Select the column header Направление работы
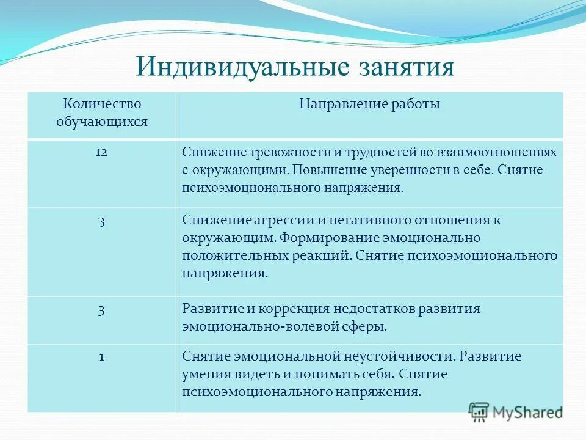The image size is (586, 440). pos(369,104)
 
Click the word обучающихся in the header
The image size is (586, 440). pos(102,121)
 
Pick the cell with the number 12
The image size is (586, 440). pos(101,152)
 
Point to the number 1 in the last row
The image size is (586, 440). pos(101,356)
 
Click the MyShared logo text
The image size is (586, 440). pos(528,412)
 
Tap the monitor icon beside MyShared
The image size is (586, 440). pos(479,412)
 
